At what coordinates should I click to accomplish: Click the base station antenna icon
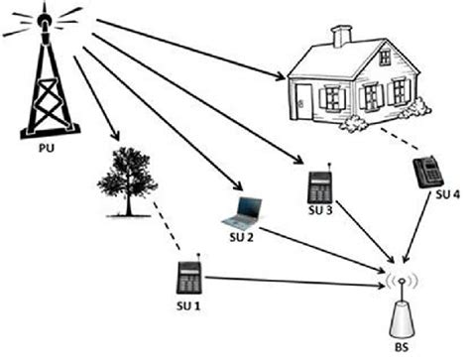click(x=403, y=307)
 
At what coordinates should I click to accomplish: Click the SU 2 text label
click(x=243, y=239)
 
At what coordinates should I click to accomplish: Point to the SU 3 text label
click(x=320, y=211)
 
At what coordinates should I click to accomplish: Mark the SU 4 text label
click(x=448, y=194)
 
